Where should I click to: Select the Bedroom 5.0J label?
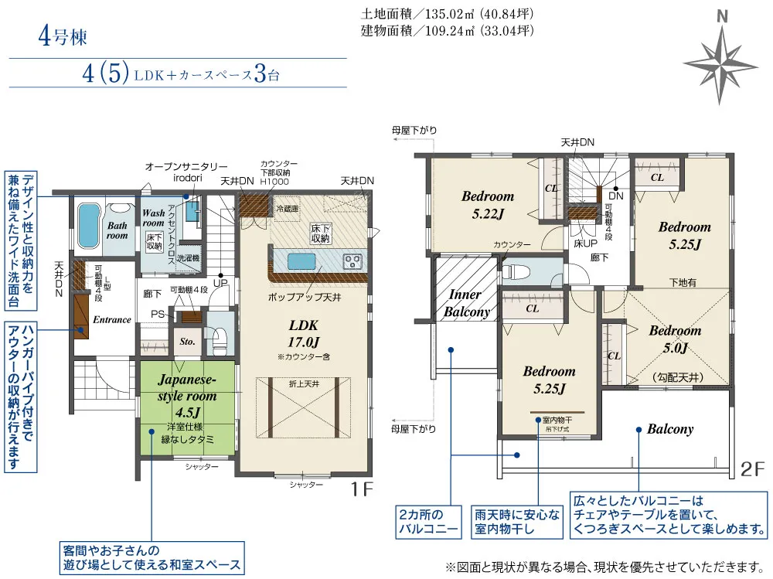click(x=675, y=339)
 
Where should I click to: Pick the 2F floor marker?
click(x=752, y=468)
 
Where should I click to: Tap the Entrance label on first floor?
click(x=112, y=319)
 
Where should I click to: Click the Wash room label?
click(x=154, y=217)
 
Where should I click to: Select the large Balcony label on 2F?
click(x=669, y=429)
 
